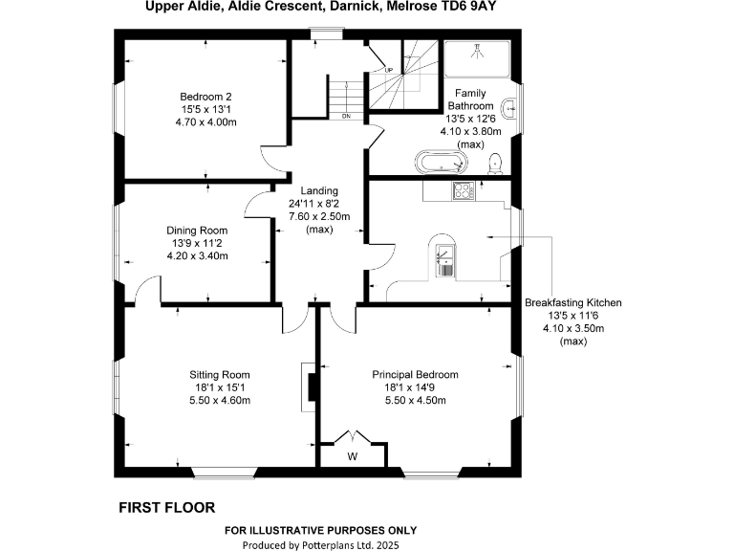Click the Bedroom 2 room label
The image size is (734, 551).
(206, 97)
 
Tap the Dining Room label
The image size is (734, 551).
(197, 231)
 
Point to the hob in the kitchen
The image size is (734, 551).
(464, 190)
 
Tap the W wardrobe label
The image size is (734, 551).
(352, 457)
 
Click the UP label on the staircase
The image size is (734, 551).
(389, 70)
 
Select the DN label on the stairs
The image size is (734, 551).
(346, 117)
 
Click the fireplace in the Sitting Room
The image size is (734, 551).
(308, 386)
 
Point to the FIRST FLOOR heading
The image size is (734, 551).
(166, 507)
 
